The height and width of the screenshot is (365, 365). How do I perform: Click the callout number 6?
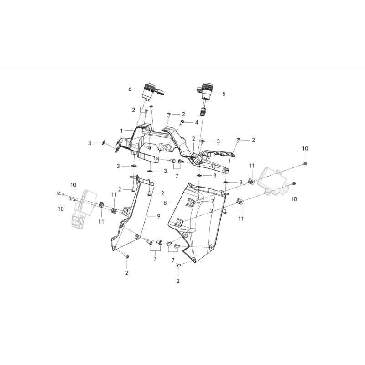point(130,89)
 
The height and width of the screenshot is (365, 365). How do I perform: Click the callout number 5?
point(224,94)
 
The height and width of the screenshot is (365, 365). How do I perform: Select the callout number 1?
point(121,131)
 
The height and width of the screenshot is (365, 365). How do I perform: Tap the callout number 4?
point(197,122)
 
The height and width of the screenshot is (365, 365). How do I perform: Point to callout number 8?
point(165,203)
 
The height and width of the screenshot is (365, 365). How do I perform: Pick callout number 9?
point(158,216)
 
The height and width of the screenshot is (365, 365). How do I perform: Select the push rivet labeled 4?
point(182,122)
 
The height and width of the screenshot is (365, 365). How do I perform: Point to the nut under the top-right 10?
point(305,164)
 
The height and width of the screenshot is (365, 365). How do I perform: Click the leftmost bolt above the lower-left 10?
point(60,193)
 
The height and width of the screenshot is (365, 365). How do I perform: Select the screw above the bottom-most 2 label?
point(179,265)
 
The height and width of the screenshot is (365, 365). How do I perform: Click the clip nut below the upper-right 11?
point(251,181)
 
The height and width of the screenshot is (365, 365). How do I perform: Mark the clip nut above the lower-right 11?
point(240,201)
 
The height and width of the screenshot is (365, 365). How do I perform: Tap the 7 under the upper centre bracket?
point(177,176)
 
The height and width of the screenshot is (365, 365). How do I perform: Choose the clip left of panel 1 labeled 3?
point(104,142)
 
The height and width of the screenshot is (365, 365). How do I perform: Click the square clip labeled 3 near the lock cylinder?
point(203,141)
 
